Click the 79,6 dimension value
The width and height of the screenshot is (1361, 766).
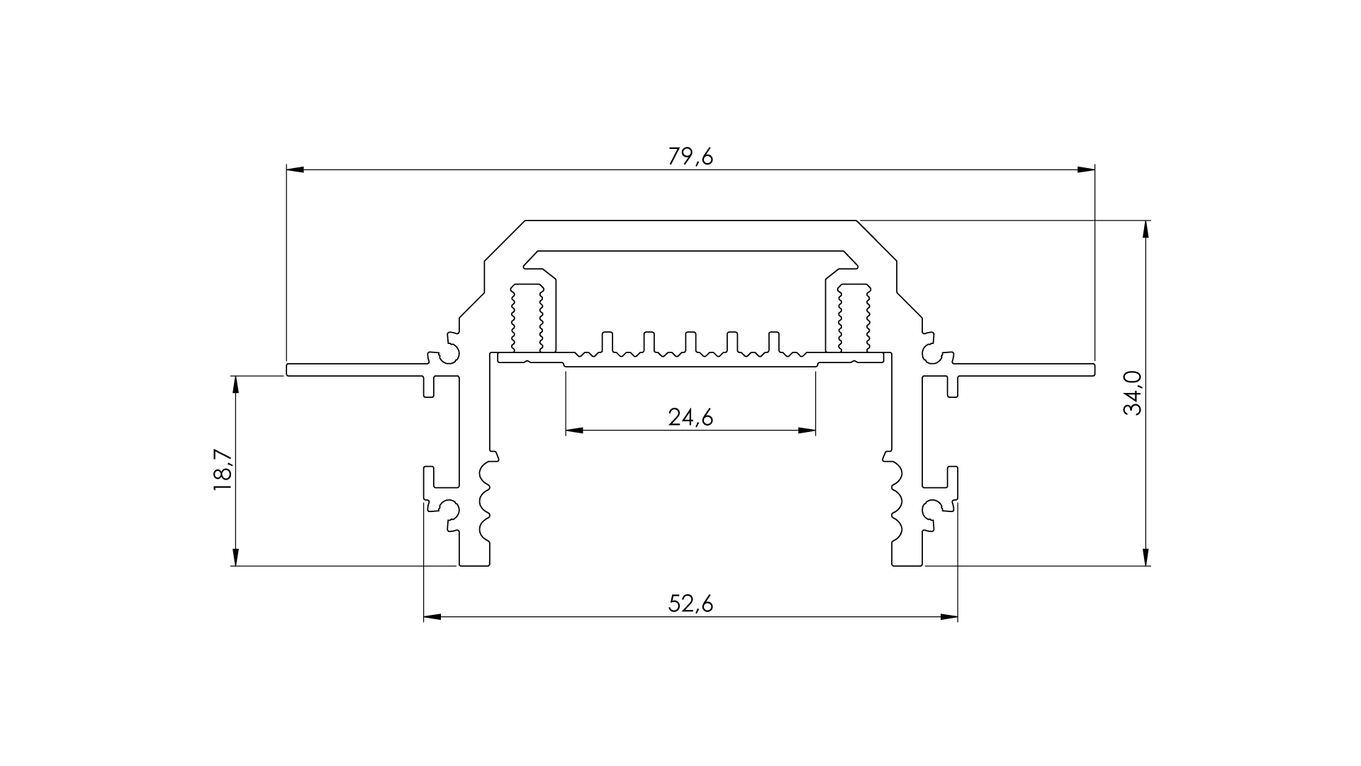click(x=690, y=157)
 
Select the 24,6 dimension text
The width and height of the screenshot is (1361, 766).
click(x=690, y=417)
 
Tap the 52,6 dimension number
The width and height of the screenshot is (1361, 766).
click(x=690, y=604)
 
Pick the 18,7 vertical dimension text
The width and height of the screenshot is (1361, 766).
click(x=223, y=470)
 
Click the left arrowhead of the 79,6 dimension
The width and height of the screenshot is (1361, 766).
click(x=295, y=170)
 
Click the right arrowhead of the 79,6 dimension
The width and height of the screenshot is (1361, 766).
click(x=1086, y=170)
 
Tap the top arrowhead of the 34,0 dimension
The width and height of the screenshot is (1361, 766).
click(x=1145, y=230)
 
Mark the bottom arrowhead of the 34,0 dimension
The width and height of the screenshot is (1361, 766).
click(x=1145, y=557)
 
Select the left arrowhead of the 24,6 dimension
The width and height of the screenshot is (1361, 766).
click(x=574, y=430)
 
